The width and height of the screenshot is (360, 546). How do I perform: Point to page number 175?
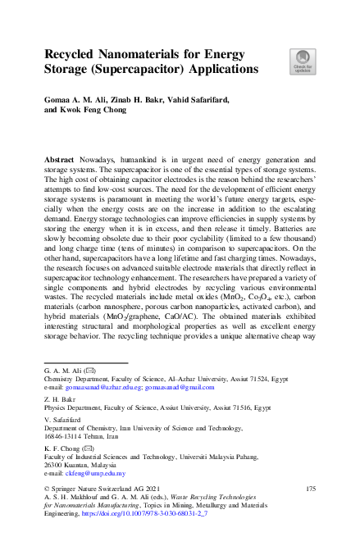pyautogui.click(x=310, y=489)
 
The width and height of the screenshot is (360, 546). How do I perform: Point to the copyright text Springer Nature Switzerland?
pyautogui.click(x=107, y=489)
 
